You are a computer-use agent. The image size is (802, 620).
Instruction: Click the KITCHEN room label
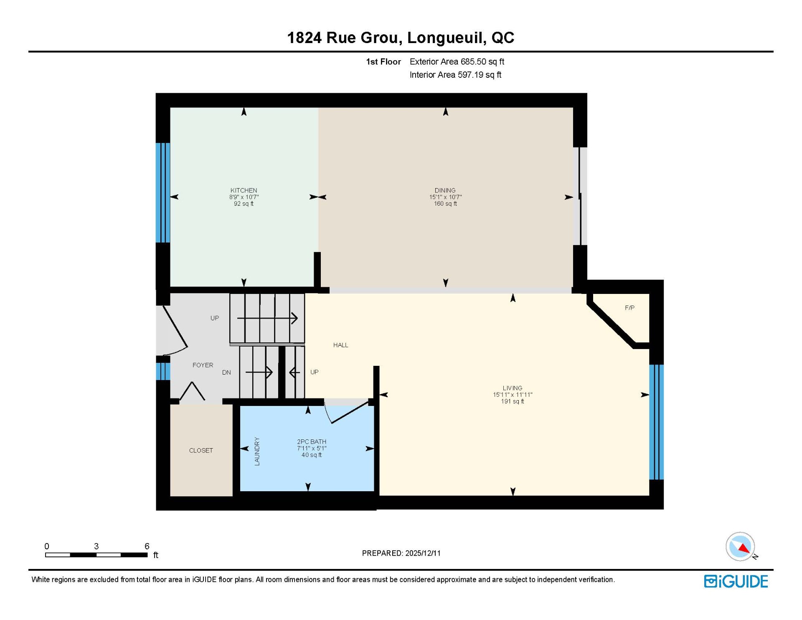[x=244, y=190]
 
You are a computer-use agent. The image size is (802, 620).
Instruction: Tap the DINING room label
[x=445, y=190]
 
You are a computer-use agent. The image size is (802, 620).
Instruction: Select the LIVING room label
[x=513, y=388]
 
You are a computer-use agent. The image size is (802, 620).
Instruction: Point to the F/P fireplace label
[x=629, y=308]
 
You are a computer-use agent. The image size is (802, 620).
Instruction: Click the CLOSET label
[x=201, y=450]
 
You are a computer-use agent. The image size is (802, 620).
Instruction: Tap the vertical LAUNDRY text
[x=257, y=451]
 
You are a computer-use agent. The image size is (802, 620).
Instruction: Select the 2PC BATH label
[x=312, y=441]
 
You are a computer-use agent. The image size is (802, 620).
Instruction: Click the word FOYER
[x=203, y=365]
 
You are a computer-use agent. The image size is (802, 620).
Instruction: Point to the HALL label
[x=340, y=345]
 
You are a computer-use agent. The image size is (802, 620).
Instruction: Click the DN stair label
[x=226, y=372]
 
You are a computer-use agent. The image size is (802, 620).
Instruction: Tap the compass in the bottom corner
[x=741, y=546]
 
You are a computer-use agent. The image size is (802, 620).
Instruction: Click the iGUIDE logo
[x=736, y=582]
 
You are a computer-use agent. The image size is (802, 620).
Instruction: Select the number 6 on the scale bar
[x=147, y=546]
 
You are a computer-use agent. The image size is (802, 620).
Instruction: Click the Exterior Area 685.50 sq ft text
[x=457, y=61]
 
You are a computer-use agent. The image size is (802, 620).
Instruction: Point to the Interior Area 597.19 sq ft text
[x=455, y=74]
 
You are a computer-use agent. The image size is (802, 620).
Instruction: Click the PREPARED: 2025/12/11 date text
[x=401, y=553]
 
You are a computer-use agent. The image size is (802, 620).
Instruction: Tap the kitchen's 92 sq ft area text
[x=244, y=204]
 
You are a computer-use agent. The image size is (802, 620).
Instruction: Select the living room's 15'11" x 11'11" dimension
[x=513, y=395]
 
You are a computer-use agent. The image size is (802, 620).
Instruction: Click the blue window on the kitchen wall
[x=163, y=193]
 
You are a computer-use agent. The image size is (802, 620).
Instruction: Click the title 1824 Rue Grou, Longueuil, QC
[x=401, y=38]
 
